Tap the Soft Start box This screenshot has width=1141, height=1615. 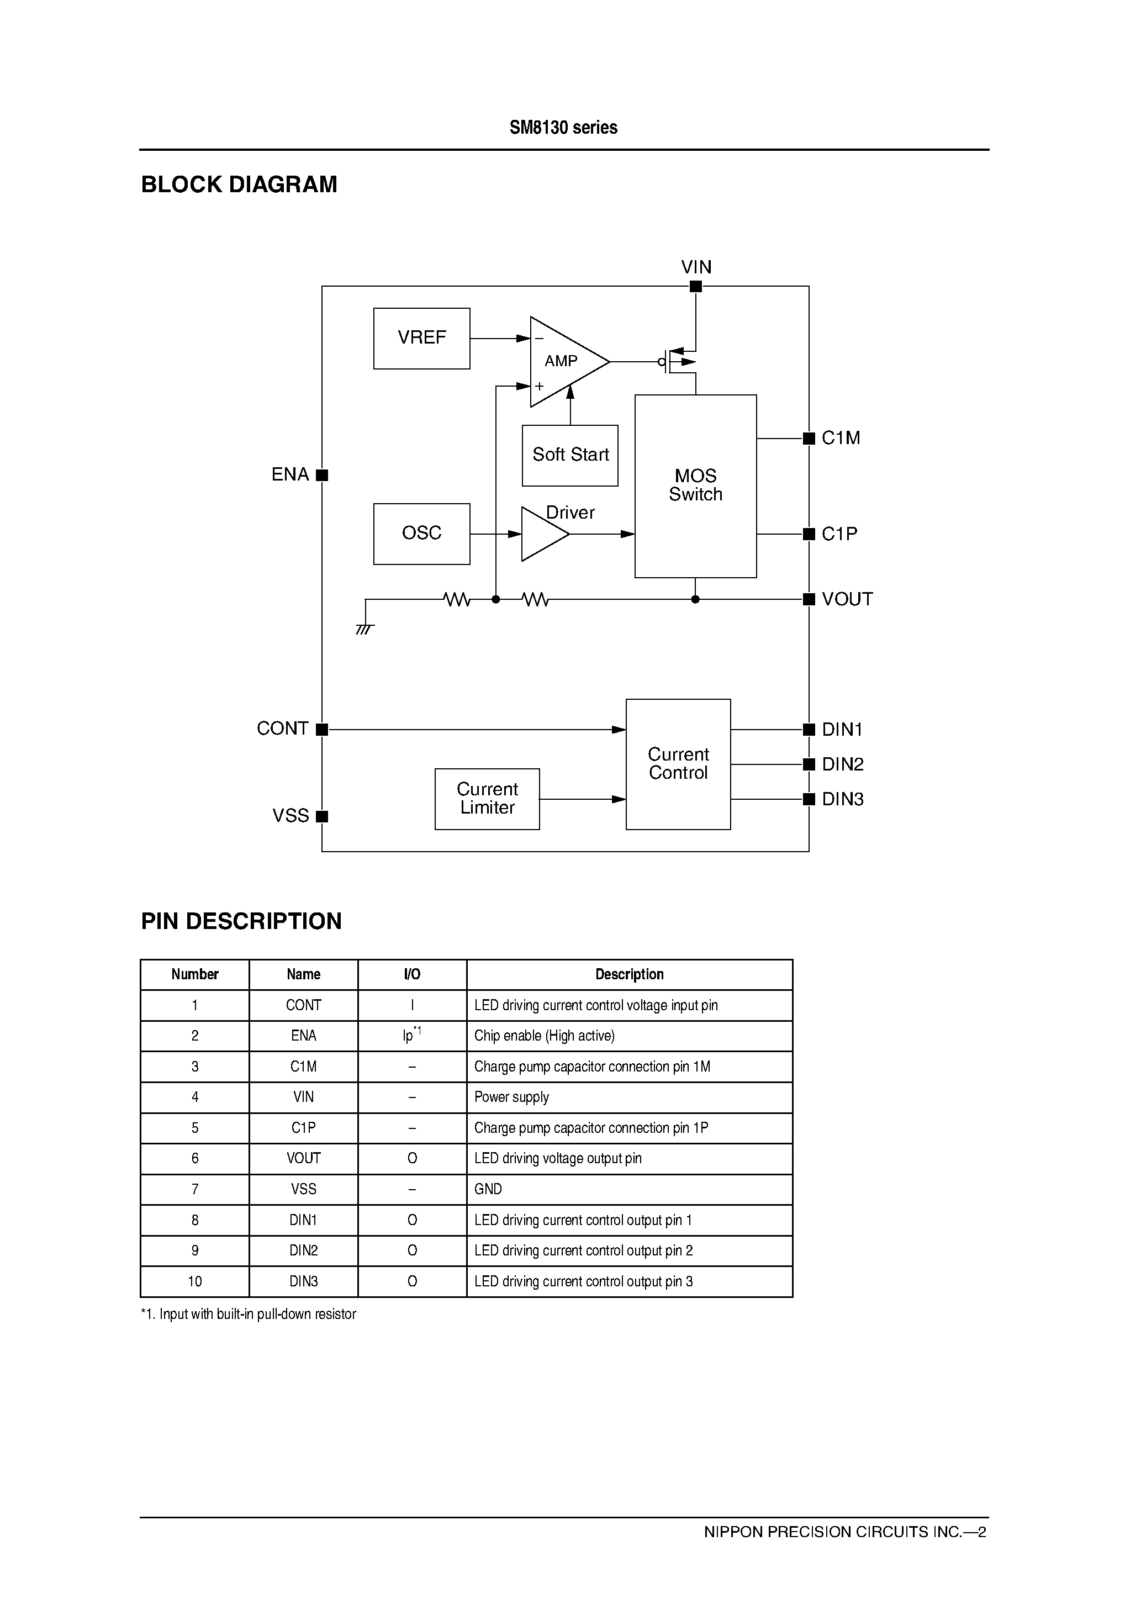[x=570, y=455]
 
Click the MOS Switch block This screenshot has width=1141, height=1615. [x=695, y=485]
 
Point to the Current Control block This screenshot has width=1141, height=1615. [x=678, y=764]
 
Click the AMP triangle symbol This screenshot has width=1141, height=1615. [x=563, y=362]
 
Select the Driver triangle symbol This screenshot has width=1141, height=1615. [x=542, y=535]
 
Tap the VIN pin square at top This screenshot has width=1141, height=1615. [x=696, y=286]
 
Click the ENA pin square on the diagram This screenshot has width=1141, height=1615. [x=322, y=475]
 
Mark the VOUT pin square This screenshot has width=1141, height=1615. [x=809, y=599]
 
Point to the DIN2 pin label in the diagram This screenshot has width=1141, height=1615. [x=843, y=764]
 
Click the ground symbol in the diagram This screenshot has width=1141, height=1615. [x=365, y=628]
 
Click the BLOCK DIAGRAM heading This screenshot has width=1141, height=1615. [x=239, y=184]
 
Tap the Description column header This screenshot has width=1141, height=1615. [x=629, y=974]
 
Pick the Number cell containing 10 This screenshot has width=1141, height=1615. [x=195, y=1281]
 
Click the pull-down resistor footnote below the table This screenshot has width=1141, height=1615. [x=249, y=1314]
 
